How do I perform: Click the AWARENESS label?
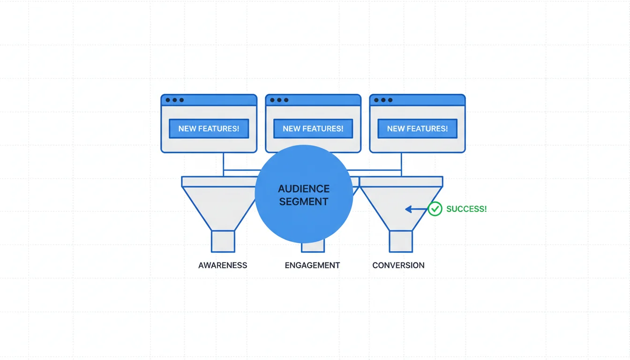point(223,265)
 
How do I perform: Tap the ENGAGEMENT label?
point(312,265)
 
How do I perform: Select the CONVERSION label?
point(398,265)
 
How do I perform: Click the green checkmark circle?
point(435,209)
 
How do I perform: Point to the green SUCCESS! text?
point(466,209)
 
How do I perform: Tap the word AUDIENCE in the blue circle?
point(304,189)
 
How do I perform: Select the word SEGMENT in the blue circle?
point(304,202)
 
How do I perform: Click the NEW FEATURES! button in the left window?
point(209,128)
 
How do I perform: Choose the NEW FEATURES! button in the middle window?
point(313,128)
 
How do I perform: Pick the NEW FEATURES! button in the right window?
point(417,128)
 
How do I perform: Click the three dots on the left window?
point(175,100)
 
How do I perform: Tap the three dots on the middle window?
point(279,100)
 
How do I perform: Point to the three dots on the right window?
point(383,100)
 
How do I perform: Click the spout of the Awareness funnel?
point(223,241)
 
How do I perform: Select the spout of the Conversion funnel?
point(401,241)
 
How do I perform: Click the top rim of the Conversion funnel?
point(401,181)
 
